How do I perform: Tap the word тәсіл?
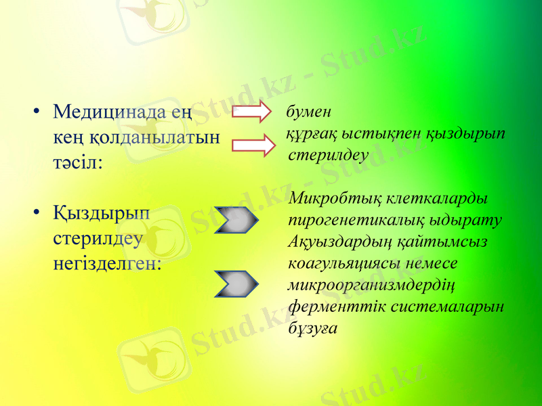78,164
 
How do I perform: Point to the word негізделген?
107,263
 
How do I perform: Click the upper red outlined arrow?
251,112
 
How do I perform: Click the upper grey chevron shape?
236,220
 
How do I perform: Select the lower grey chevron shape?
236,284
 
